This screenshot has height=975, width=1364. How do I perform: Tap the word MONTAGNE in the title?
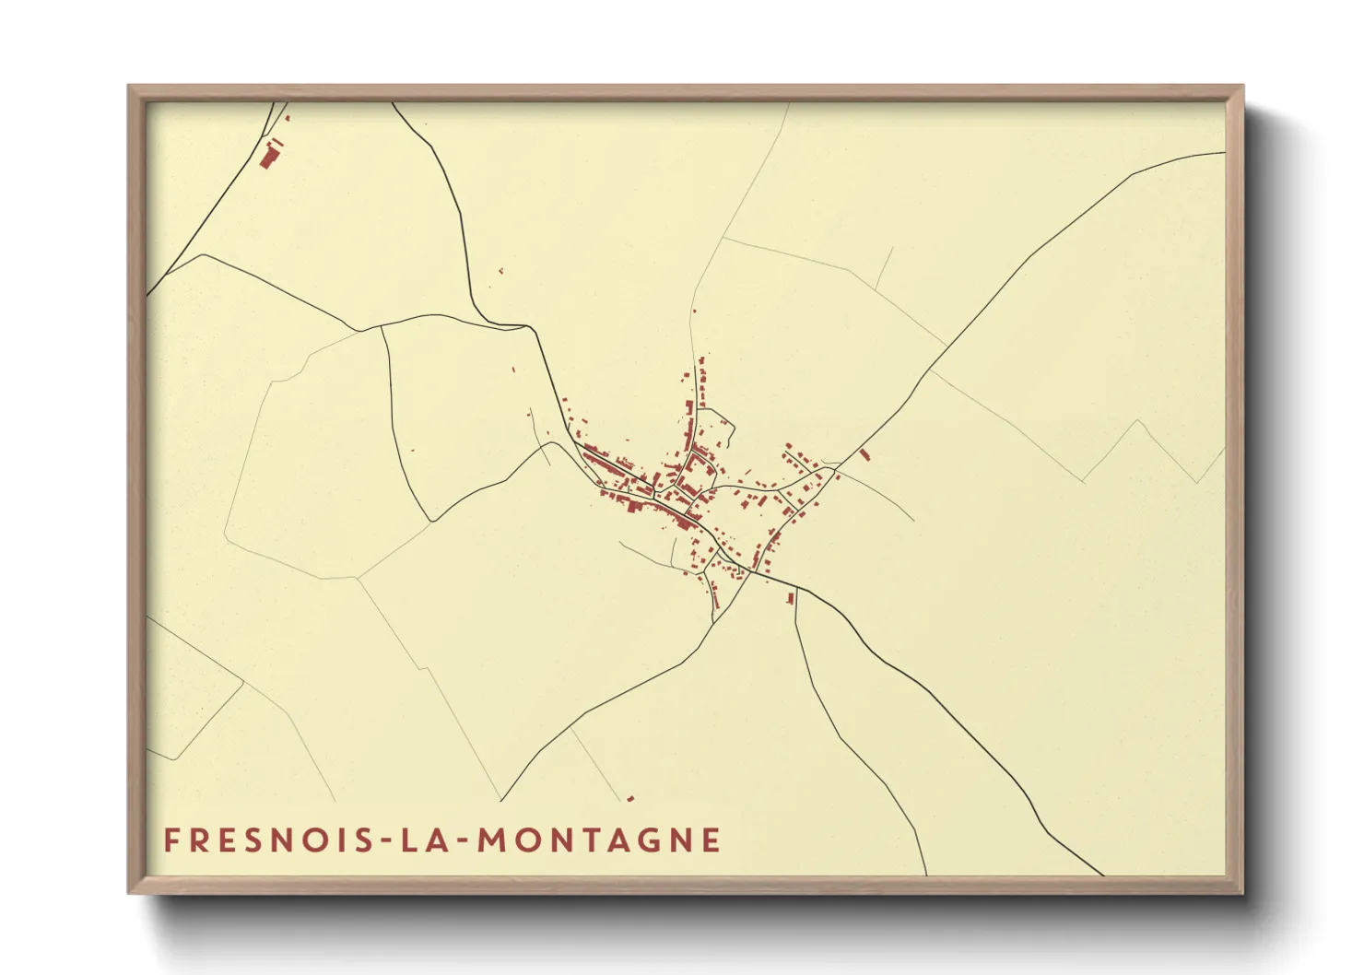599,840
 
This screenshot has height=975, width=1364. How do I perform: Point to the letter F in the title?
171,840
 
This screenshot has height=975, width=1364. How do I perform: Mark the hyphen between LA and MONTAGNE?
457,841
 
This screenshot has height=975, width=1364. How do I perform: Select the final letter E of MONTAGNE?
711,840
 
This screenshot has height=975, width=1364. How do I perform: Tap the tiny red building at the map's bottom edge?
630,798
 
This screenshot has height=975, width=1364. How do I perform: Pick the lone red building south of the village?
790,599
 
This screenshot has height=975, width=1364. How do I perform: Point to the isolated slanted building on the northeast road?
864,454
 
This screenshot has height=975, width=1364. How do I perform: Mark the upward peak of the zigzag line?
1138,421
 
